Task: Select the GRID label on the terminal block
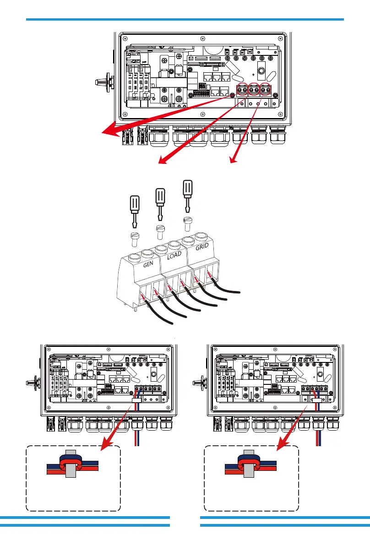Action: click(x=202, y=248)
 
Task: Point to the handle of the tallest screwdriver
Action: click(x=187, y=189)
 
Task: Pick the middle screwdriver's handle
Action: click(x=160, y=197)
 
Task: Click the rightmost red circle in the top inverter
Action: click(x=266, y=90)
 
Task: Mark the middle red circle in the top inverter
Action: click(x=254, y=90)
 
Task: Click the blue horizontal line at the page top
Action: click(x=185, y=20)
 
